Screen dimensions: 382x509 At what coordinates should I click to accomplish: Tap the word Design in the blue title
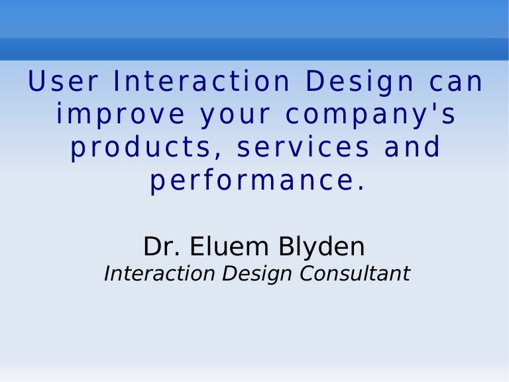pos(359,82)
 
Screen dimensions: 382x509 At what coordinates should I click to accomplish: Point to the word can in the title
pos(457,82)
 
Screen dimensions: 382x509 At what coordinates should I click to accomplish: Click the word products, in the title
pos(146,148)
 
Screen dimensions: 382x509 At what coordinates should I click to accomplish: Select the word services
pos(304,147)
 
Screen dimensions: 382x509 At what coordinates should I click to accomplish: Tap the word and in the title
pos(413,147)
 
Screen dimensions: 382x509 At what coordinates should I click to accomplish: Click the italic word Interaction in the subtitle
pos(160,273)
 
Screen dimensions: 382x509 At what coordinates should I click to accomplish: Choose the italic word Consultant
pos(354,273)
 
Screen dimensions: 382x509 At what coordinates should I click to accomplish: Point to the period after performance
pos(361,188)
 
